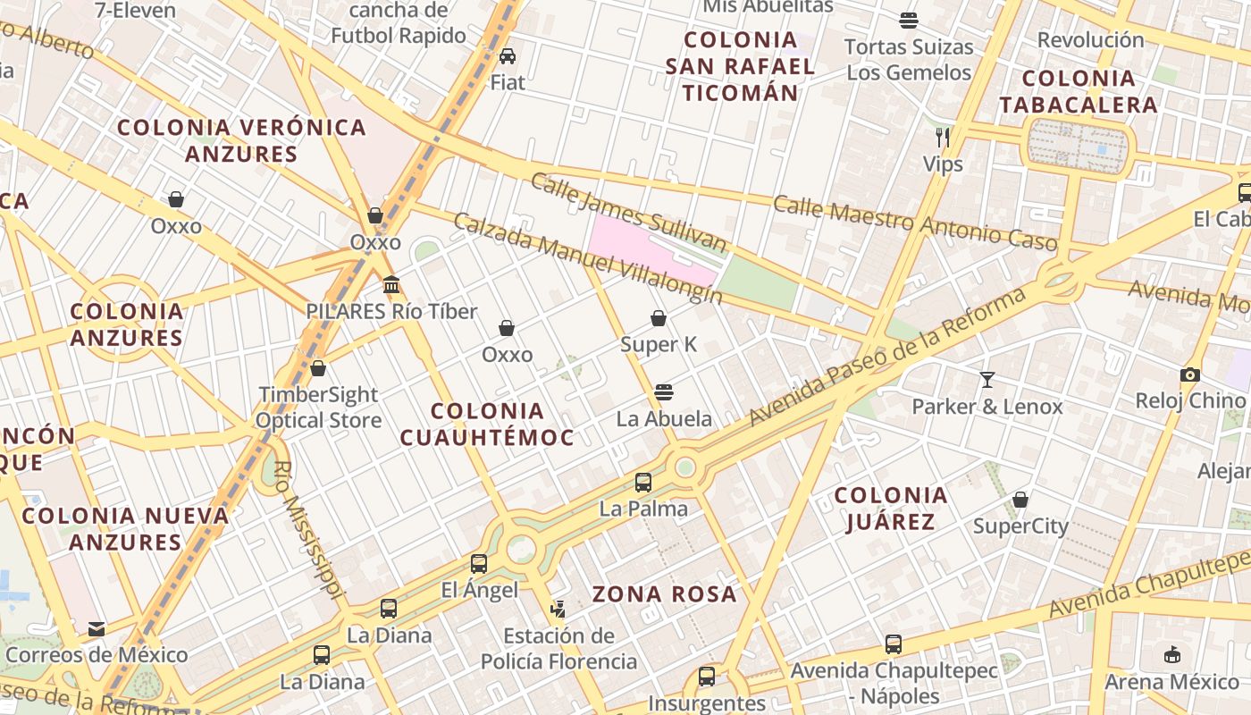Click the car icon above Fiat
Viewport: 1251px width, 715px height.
[508, 56]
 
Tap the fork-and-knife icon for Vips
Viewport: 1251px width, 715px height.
[943, 137]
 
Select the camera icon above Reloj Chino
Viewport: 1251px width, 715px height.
[1189, 374]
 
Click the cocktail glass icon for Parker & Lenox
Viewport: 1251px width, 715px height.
[987, 380]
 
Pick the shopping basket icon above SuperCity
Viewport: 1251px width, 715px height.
[1020, 500]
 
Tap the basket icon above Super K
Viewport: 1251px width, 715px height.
[659, 318]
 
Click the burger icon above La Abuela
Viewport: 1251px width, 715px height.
[663, 392]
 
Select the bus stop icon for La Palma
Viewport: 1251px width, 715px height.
[643, 483]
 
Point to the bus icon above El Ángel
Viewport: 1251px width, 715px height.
[479, 564]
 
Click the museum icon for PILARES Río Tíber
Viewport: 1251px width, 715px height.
[390, 285]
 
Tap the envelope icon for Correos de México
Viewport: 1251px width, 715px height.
[97, 629]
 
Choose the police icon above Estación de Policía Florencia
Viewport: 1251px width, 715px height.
[558, 610]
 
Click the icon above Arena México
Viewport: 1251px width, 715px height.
[1172, 655]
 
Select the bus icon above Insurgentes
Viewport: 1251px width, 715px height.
[707, 677]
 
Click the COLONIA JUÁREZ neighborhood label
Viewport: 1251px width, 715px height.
[890, 509]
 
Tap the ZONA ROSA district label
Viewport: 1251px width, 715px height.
[664, 594]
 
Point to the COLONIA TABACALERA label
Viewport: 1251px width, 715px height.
[1078, 91]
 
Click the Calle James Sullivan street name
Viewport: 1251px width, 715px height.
[628, 212]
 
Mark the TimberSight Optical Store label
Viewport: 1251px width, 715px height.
[319, 408]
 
